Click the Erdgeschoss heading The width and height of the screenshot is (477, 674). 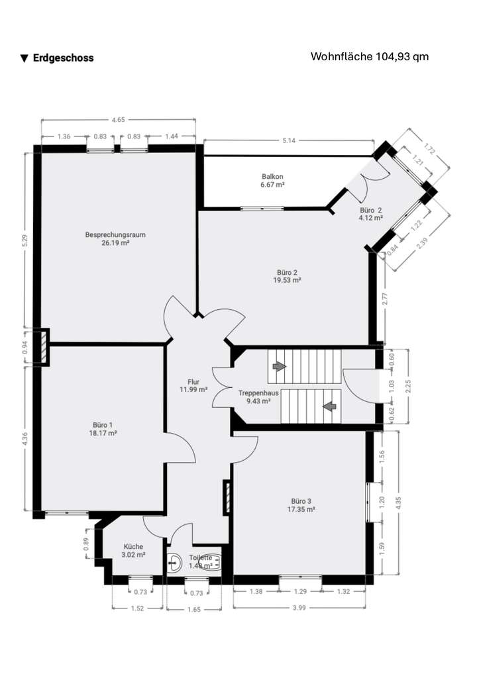pyautogui.click(x=63, y=58)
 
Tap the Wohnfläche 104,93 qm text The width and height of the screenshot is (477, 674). pyautogui.click(x=369, y=56)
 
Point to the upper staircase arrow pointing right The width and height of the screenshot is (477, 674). pyautogui.click(x=280, y=365)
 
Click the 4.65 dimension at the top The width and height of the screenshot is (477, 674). pyautogui.click(x=118, y=120)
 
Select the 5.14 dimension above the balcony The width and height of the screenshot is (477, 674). pyautogui.click(x=288, y=140)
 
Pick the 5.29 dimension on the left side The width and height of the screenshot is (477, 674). pyautogui.click(x=25, y=241)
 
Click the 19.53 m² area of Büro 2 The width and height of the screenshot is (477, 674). pyautogui.click(x=288, y=280)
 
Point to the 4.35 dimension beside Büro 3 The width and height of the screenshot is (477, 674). pyautogui.click(x=398, y=503)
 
